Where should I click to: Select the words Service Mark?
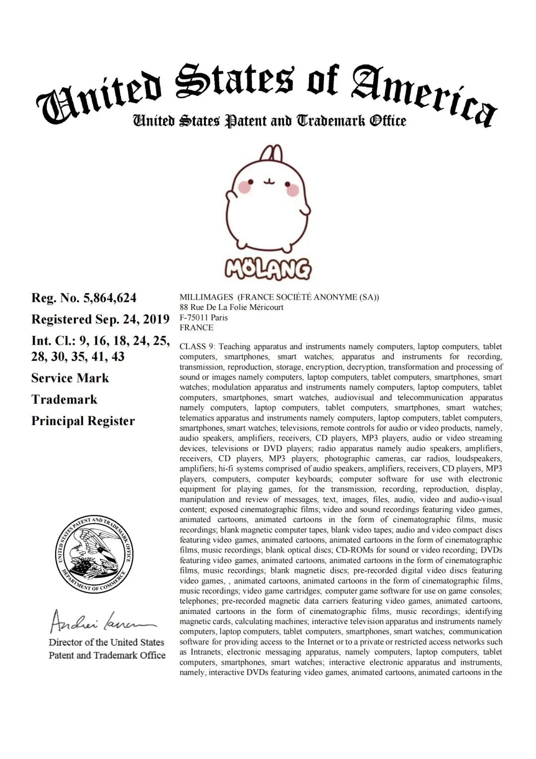tap(70, 378)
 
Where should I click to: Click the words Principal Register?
tap(83, 421)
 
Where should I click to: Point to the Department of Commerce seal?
tap(94, 554)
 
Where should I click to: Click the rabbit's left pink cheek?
tap(244, 187)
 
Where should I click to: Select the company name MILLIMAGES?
tap(206, 297)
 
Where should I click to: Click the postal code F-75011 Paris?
tap(203, 317)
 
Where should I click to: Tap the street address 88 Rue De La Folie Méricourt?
tap(231, 307)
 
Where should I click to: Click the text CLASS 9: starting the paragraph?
tap(197, 347)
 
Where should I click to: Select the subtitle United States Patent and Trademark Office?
tap(269, 121)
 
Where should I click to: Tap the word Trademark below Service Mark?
tap(64, 400)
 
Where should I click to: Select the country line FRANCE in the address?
tap(197, 328)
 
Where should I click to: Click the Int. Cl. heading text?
tap(52, 341)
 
